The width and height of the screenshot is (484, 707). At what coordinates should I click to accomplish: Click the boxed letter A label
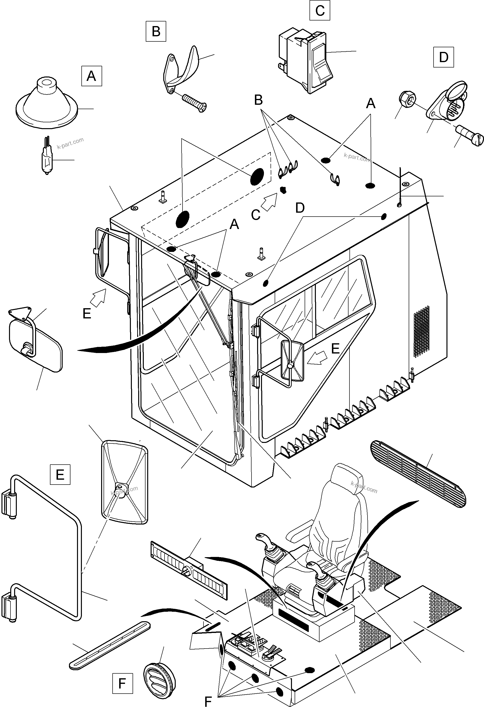[x=91, y=76]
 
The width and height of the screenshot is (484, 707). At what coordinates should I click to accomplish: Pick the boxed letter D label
[x=444, y=57]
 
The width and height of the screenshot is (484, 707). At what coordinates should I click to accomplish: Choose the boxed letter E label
[x=60, y=474]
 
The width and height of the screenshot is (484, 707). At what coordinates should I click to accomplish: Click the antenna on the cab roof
[x=400, y=189]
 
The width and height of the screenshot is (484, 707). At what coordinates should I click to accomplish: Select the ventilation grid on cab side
[x=422, y=332]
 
